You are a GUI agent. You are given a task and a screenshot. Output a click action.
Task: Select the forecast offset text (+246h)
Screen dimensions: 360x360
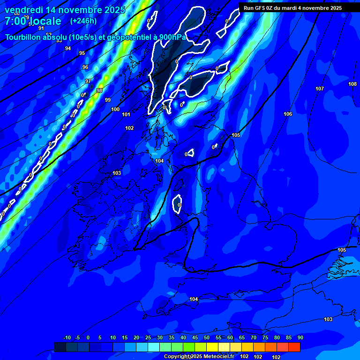click(x=83, y=21)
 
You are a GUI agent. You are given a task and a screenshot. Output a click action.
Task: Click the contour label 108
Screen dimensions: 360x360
click(x=352, y=84)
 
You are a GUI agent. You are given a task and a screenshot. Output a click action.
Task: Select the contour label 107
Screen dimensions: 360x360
click(x=320, y=89)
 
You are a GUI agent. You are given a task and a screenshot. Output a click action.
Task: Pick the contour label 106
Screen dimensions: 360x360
click(x=288, y=114)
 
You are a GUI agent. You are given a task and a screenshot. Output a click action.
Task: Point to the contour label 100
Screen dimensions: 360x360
click(x=115, y=109)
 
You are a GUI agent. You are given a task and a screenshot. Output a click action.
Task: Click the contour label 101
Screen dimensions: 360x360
click(x=126, y=114)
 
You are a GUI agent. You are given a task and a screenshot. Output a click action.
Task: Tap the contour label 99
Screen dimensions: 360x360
click(x=108, y=100)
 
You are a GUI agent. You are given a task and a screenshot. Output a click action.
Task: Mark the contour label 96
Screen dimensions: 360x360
click(x=85, y=67)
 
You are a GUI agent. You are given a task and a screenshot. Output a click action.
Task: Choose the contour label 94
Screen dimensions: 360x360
click(x=68, y=48)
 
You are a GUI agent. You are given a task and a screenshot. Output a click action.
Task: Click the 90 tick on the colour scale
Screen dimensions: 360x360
click(x=300, y=337)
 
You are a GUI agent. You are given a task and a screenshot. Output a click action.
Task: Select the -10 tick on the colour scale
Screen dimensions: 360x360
click(x=67, y=337)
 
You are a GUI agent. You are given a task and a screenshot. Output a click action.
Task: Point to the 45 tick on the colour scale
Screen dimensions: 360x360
click(x=195, y=337)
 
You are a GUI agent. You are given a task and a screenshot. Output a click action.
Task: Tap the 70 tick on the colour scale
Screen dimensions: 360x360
click(x=254, y=337)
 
